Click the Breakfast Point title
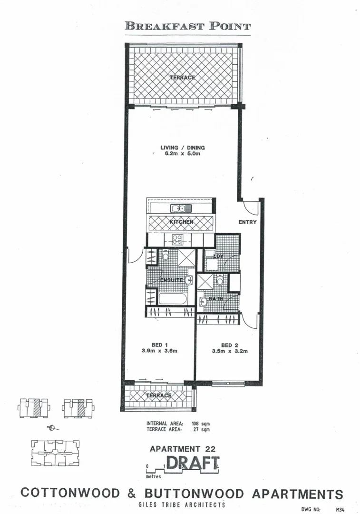point(187,26)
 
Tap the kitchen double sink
point(181,208)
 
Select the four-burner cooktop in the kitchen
point(178,240)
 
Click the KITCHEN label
point(181,222)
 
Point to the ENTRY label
point(247,222)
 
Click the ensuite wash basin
point(189,281)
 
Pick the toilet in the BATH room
point(220,281)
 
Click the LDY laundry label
point(218,257)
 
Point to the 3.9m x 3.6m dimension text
point(159,352)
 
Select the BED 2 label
point(226,346)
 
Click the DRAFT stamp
point(193,463)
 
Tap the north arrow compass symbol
point(52,428)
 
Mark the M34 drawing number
point(340,510)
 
